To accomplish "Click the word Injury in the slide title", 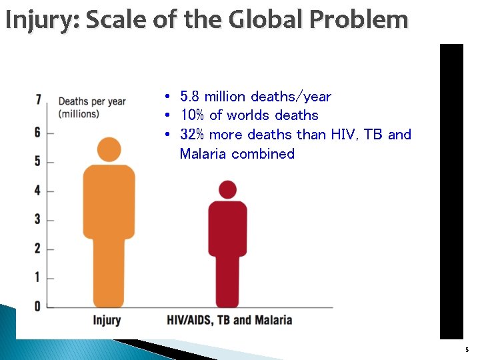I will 41,20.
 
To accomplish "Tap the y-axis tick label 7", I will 39,100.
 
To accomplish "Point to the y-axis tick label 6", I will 38,132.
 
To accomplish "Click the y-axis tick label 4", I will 38,191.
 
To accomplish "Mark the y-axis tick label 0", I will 38,306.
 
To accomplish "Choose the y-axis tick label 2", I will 38,249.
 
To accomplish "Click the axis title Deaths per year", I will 92,101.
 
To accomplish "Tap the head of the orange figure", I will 109,149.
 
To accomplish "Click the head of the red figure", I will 228,189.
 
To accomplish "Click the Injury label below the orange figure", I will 107,320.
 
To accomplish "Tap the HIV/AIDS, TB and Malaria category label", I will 229,320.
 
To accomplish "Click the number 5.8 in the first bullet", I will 190,97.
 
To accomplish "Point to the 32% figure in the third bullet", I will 193,135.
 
